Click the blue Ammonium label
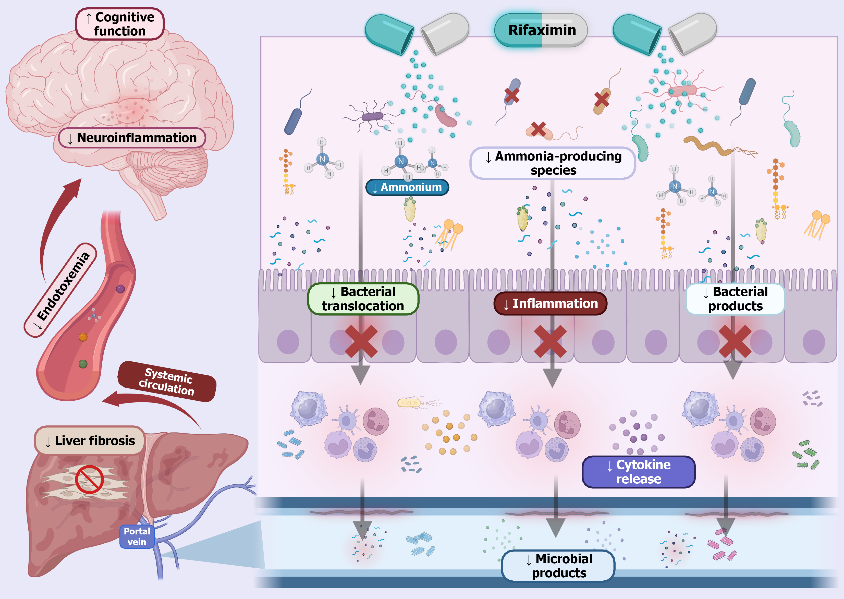(x=407, y=187)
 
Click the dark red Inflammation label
(x=550, y=303)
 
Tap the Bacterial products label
(x=735, y=299)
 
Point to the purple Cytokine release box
(x=639, y=472)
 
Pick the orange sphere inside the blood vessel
(x=83, y=337)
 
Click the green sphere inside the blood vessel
(x=83, y=364)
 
